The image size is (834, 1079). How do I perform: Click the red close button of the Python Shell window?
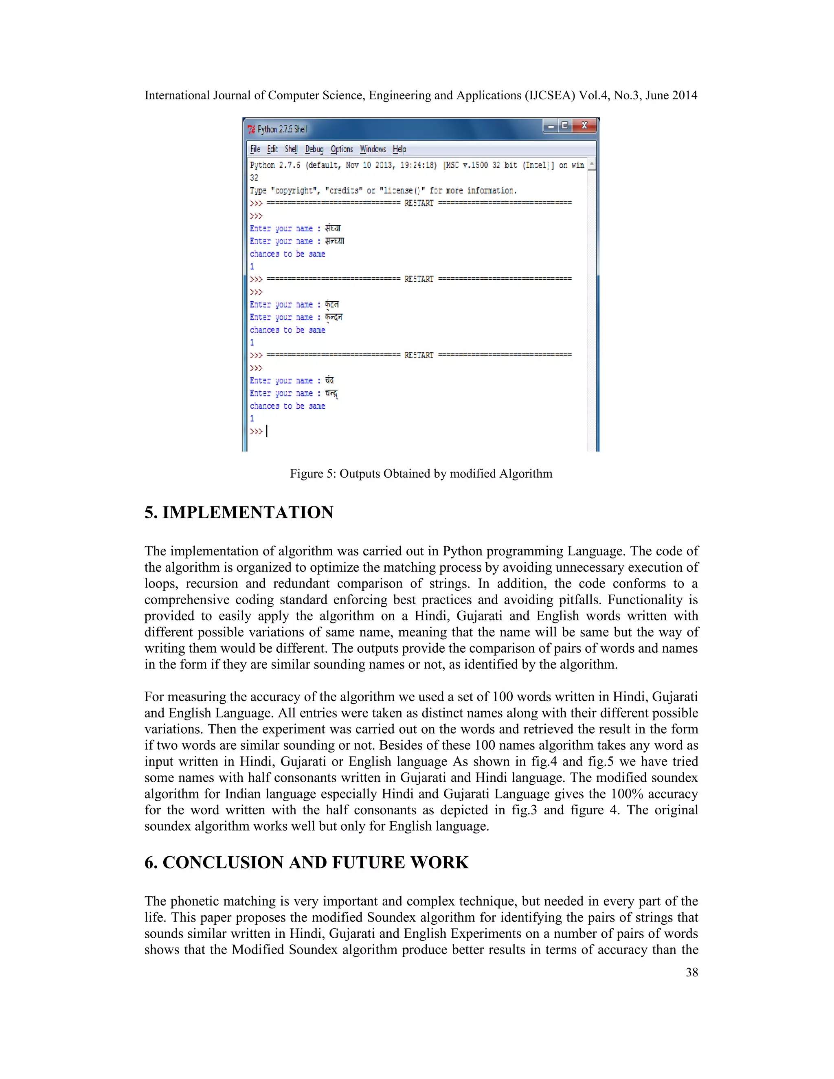point(584,125)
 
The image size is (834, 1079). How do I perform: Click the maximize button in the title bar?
point(565,125)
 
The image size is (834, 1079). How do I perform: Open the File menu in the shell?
point(255,149)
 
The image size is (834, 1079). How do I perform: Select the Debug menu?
point(314,149)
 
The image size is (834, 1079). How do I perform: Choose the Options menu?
point(341,149)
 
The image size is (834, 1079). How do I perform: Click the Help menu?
point(399,149)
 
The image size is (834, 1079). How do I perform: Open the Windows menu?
point(373,149)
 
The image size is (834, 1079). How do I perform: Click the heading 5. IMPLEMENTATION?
point(239,512)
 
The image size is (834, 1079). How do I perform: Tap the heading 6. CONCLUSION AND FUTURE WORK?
point(306,862)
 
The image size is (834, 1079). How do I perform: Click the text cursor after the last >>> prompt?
point(267,431)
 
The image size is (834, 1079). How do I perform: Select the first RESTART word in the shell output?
point(419,203)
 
